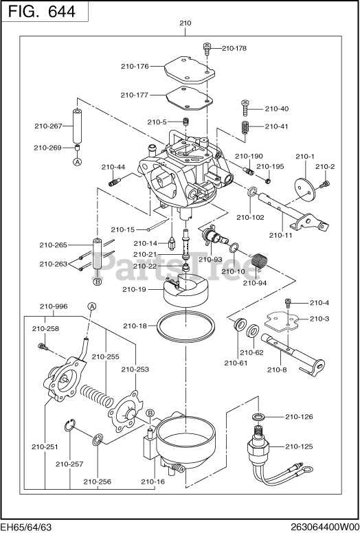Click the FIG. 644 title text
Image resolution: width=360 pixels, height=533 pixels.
click(42, 12)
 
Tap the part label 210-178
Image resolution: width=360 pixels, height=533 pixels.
click(234, 48)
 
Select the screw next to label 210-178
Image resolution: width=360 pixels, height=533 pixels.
click(207, 48)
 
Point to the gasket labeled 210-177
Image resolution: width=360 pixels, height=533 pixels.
click(190, 98)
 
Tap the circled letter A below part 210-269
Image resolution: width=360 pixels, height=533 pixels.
click(78, 162)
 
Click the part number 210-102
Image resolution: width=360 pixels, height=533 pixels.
click(250, 217)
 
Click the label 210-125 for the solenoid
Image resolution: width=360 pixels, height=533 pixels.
click(299, 446)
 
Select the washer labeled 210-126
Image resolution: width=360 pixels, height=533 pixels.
click(259, 416)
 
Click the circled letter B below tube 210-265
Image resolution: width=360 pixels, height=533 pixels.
click(98, 282)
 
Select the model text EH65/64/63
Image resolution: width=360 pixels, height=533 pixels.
click(26, 528)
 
